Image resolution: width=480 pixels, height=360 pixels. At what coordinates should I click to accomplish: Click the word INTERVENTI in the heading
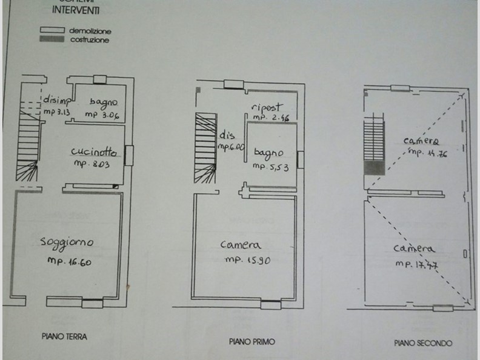pyautogui.click(x=76, y=10)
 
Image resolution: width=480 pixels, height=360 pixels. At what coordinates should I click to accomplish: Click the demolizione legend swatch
pyautogui.click(x=52, y=30)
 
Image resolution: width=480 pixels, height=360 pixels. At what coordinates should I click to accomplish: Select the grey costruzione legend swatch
pyautogui.click(x=52, y=39)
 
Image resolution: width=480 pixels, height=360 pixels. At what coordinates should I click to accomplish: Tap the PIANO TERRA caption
pyautogui.click(x=64, y=336)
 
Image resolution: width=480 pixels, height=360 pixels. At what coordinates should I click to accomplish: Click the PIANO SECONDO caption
pyautogui.click(x=423, y=343)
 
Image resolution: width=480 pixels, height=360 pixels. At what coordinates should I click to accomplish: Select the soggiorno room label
pyautogui.click(x=67, y=242)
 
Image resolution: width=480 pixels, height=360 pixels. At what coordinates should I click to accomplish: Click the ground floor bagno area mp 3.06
pyautogui.click(x=102, y=113)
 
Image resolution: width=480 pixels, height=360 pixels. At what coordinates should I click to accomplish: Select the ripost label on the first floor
pyautogui.click(x=267, y=107)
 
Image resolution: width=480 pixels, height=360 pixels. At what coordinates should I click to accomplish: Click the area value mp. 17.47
pyautogui.click(x=416, y=264)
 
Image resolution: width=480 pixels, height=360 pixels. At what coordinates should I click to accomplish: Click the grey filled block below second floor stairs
pyautogui.click(x=373, y=168)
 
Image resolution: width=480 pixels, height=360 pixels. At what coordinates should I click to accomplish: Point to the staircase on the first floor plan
pyautogui.click(x=205, y=148)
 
